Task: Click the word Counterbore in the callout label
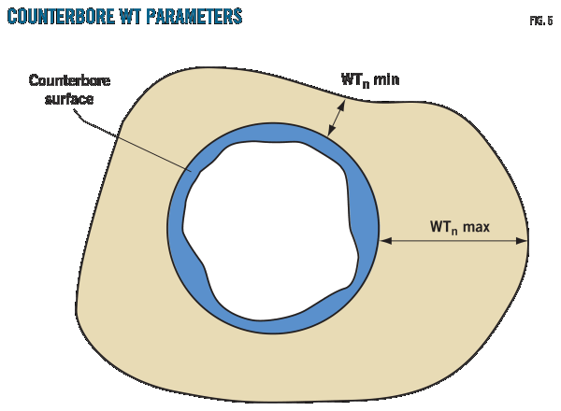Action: pyautogui.click(x=63, y=81)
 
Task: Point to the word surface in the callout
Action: pyautogui.click(x=63, y=96)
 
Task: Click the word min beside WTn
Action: pyautogui.click(x=386, y=80)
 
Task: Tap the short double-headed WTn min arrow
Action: pyautogui.click(x=336, y=120)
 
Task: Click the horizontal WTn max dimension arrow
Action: pyautogui.click(x=453, y=241)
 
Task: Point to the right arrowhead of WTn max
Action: pyautogui.click(x=524, y=241)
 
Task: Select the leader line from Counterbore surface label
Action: pyautogui.click(x=140, y=138)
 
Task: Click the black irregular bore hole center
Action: pyautogui.click(x=271, y=229)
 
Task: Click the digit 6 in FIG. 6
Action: pyautogui.click(x=549, y=20)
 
